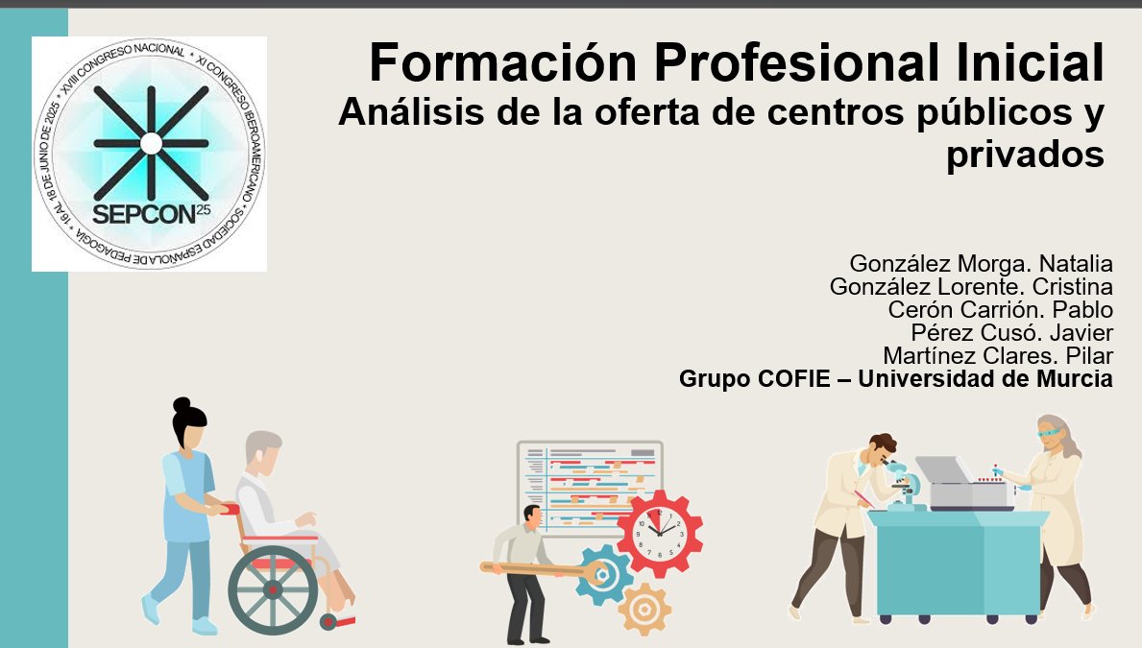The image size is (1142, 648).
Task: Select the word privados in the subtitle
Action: pyautogui.click(x=1025, y=154)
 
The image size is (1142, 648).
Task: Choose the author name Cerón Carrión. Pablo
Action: pyautogui.click(x=1000, y=310)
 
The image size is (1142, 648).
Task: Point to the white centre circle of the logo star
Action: pyautogui.click(x=151, y=143)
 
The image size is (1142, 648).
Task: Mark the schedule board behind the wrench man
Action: pyautogui.click(x=589, y=485)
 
